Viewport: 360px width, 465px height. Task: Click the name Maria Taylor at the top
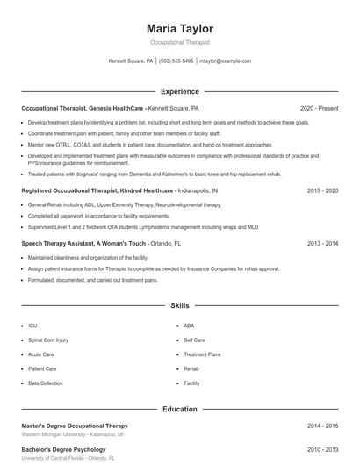tap(179, 28)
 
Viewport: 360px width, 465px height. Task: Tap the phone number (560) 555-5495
tap(176, 61)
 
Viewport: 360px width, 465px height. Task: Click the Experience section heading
tap(179, 91)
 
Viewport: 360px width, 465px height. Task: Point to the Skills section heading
tap(179, 306)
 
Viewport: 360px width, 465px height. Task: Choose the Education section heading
tap(179, 409)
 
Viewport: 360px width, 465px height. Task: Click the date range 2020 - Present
tap(319, 108)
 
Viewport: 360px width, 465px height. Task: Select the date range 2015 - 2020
tap(323, 190)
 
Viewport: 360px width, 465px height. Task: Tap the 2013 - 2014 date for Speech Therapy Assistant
tap(323, 243)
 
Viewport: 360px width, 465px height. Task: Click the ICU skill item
tap(32, 325)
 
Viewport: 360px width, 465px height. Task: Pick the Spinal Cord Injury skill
tap(48, 340)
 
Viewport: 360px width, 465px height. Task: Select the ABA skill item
tap(189, 325)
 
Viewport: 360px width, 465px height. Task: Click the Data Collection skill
tap(46, 383)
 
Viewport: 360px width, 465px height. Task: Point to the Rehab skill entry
tap(191, 369)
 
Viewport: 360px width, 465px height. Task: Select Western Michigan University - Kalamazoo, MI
tap(72, 434)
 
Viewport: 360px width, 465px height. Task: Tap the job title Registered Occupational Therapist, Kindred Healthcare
tap(98, 190)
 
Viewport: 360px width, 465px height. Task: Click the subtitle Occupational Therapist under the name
tap(179, 42)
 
